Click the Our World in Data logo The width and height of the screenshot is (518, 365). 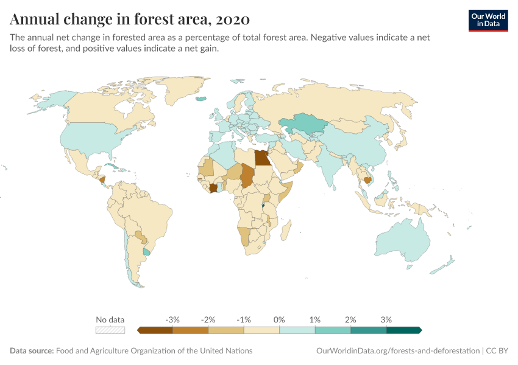(x=488, y=20)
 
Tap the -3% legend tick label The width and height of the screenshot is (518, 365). (x=172, y=319)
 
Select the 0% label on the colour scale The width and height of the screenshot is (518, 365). (x=280, y=319)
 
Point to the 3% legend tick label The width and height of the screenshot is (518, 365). (x=386, y=319)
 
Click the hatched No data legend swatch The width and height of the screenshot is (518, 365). (x=110, y=330)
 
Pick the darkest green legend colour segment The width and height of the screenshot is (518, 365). (x=403, y=330)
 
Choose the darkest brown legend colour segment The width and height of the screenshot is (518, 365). (x=155, y=330)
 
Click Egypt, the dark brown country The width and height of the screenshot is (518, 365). (x=263, y=158)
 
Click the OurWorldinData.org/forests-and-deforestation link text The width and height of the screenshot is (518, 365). (x=398, y=351)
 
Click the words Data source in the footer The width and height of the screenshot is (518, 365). (x=32, y=351)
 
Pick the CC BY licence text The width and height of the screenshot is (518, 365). (x=498, y=351)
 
